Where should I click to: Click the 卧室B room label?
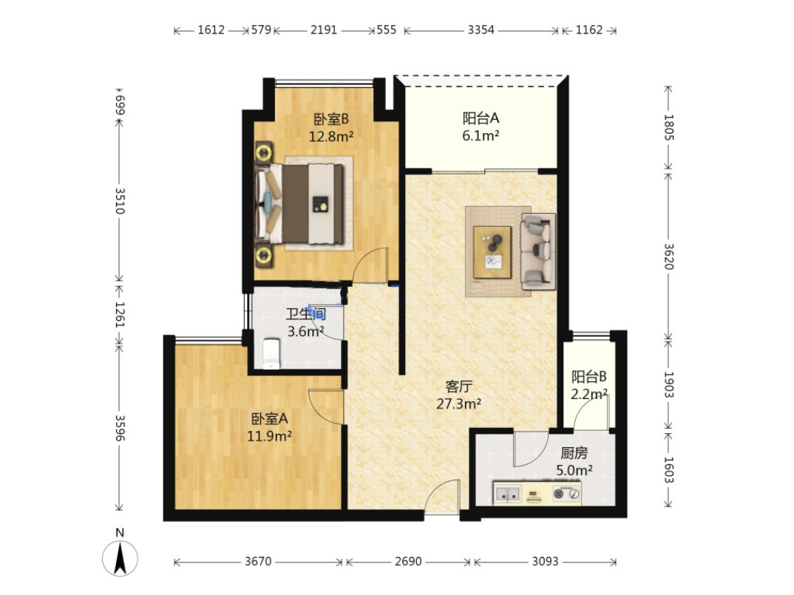point(331,120)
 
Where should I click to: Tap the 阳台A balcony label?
point(481,118)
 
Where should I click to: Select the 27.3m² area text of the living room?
point(458,404)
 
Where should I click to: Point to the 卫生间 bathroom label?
point(305,314)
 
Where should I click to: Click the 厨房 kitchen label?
point(574,453)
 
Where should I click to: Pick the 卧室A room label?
point(269,419)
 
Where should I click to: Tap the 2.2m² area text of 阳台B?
point(589,393)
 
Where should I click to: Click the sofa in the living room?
point(537,251)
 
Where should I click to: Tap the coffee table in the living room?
point(492,252)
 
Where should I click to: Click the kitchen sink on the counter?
point(508,493)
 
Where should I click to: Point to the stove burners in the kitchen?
point(566,493)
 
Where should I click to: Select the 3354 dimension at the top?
point(481,30)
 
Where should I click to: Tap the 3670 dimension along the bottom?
point(258,562)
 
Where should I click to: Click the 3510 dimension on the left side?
point(120,201)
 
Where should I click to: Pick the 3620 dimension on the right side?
point(668,256)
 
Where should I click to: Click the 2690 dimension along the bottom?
point(408,562)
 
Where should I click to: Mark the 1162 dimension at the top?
point(589,30)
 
